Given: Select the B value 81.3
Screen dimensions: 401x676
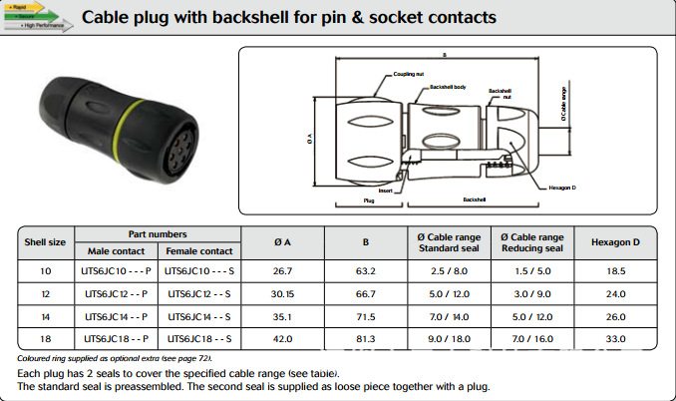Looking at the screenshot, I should point(365,340).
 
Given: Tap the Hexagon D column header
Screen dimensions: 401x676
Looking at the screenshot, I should point(615,241).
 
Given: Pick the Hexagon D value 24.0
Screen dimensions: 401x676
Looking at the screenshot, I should point(615,294).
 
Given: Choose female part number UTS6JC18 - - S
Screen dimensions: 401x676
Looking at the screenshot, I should point(198,340).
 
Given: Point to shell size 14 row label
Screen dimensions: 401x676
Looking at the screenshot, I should point(44,317).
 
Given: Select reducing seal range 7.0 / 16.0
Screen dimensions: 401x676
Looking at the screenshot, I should point(531,340).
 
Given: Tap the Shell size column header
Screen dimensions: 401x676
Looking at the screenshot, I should point(44,241).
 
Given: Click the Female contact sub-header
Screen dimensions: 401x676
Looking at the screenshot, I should point(198,250).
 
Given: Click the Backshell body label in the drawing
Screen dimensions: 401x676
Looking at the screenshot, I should point(447,87).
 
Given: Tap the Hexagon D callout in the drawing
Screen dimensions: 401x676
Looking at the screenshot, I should point(563,187).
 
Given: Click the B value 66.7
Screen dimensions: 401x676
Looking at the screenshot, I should point(365,294).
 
